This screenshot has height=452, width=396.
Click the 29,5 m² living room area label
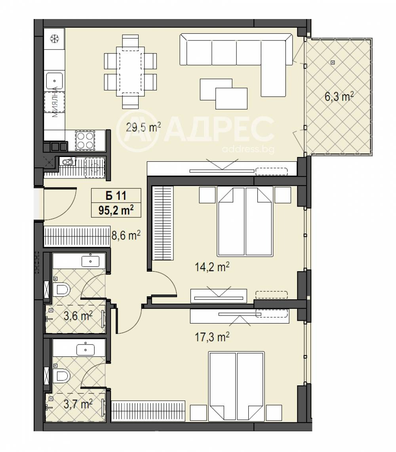[x=143, y=127]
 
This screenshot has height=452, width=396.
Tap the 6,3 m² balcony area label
[x=339, y=97]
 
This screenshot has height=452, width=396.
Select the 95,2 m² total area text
[x=116, y=210]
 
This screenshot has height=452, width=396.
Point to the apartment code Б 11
[x=116, y=196]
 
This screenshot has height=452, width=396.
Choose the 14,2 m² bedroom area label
[x=212, y=267]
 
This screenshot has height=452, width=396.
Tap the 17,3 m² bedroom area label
[x=212, y=336]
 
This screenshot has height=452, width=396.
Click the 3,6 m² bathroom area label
[x=78, y=316]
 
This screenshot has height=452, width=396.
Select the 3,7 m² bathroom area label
[x=78, y=404]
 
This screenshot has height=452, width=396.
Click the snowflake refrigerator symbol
[x=54, y=39]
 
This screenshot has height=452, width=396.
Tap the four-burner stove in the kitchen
[x=85, y=140]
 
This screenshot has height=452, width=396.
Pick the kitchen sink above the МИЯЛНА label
[x=54, y=81]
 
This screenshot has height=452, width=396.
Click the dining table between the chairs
[x=130, y=71]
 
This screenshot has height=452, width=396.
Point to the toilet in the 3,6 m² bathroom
[x=61, y=289]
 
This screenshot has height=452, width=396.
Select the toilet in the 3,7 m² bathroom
[x=61, y=376]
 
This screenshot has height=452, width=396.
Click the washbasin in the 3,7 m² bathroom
[x=86, y=350]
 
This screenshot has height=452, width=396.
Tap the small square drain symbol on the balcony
[x=333, y=62]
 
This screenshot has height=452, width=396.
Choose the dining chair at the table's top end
[x=130, y=41]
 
